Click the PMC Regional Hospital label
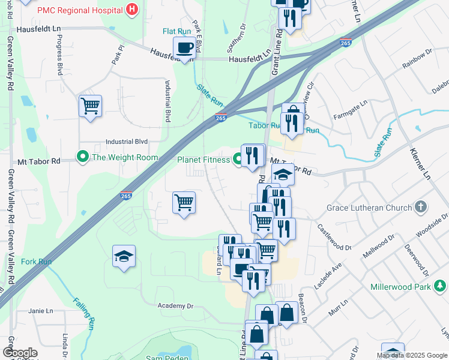81,10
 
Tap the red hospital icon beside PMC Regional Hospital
133,10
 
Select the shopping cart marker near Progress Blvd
90,106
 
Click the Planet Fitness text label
203,160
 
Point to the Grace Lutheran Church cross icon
421,208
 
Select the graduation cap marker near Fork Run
124,256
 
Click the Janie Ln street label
41,310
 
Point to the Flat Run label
177,31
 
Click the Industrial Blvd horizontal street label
126,142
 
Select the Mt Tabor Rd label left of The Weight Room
39,161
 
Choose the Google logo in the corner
20,353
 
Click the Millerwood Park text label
400,287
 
